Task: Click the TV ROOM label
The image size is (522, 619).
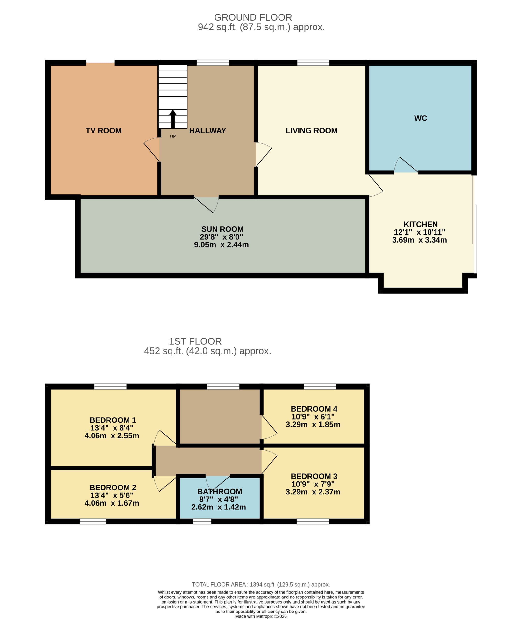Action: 104,131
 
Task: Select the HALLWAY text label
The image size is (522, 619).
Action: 207,131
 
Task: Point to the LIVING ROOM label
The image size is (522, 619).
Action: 312,131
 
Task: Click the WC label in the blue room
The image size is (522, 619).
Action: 421,118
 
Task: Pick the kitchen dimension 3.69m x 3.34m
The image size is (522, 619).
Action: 420,240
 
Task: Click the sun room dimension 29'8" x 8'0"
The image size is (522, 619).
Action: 221,237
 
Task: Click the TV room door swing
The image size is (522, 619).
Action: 152,149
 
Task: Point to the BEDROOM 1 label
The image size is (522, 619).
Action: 113,420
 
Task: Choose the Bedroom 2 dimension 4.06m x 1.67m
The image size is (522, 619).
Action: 112,503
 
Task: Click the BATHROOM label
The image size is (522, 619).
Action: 220,491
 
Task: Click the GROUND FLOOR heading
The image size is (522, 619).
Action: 253,17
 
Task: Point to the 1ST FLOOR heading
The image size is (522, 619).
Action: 195,341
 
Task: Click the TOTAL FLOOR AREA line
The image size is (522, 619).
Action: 261,585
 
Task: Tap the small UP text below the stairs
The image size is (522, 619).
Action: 173,137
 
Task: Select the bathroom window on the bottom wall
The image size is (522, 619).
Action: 202,522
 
